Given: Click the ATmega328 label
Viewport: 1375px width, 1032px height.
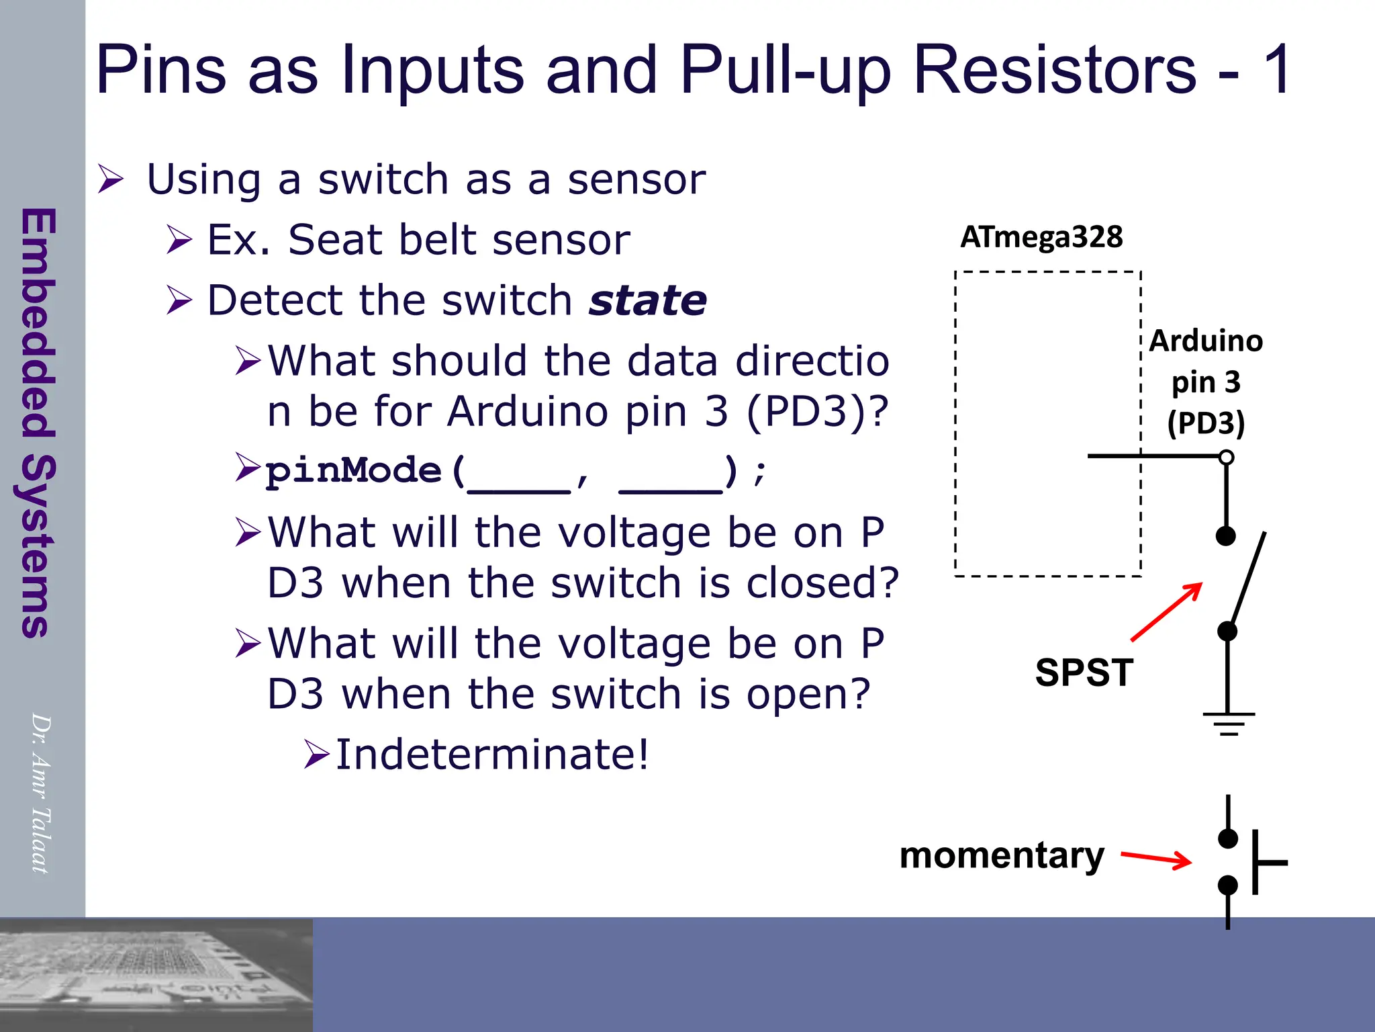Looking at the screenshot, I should tap(1041, 237).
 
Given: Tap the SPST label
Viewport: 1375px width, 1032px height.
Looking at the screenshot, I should tap(1084, 673).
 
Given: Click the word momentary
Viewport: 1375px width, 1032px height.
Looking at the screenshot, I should tap(1002, 855).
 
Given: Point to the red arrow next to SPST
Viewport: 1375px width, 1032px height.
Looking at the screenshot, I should tap(1167, 611).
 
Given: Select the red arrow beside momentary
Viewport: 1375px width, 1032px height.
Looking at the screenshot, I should tap(1156, 859).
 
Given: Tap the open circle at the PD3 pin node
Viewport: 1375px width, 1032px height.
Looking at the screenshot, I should tap(1227, 458).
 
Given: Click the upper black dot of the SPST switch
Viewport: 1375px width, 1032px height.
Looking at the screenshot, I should tap(1226, 536).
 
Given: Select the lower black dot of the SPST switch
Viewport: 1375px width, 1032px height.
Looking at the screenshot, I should tap(1227, 631).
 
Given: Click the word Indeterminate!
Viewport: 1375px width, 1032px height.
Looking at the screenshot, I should tap(492, 755).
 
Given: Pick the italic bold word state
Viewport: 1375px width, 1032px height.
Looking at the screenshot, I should tap(648, 300).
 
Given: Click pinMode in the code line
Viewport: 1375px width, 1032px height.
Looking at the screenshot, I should tap(353, 470).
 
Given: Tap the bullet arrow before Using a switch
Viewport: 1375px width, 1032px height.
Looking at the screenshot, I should tap(111, 179).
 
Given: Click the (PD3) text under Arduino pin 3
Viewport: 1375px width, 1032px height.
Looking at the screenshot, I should tap(1206, 423).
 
